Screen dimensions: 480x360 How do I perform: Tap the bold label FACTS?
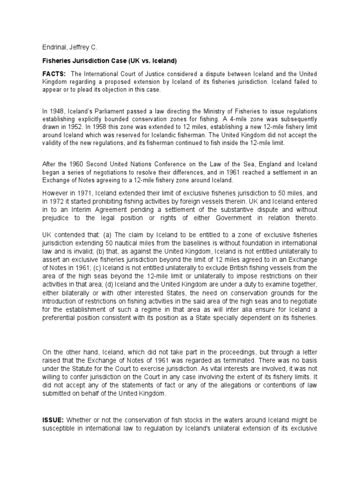pyautogui.click(x=54, y=74)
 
